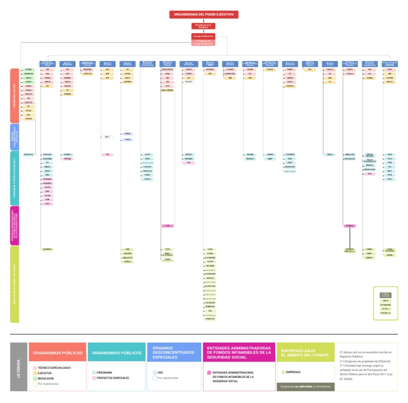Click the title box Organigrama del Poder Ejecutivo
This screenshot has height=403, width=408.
[x=204, y=14]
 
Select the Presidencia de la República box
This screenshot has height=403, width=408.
[x=203, y=25]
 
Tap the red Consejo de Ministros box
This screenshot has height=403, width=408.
[x=203, y=36]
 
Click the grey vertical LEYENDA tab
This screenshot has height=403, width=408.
[x=18, y=367]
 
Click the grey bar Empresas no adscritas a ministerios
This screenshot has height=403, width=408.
[x=305, y=387]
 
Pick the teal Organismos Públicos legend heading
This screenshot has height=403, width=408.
[x=116, y=353]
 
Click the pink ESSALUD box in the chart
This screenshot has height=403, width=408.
[x=350, y=226]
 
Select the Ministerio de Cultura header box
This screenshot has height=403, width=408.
[x=107, y=64]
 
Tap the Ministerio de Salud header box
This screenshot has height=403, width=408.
[x=330, y=64]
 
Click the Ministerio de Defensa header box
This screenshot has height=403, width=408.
[x=127, y=64]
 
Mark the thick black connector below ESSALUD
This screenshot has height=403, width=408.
[x=350, y=237]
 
